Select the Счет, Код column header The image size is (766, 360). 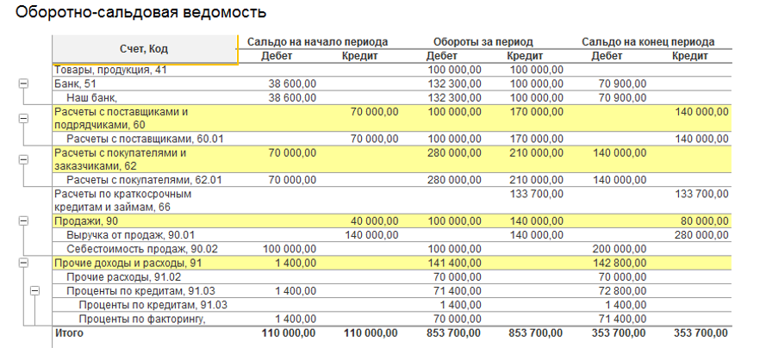point(145,49)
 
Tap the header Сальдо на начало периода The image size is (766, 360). point(317,41)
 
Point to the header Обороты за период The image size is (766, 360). point(483,41)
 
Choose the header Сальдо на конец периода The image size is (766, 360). point(648,41)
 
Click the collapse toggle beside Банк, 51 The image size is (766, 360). point(23,84)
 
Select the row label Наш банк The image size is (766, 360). point(91,97)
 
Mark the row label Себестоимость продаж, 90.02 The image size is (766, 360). point(142,249)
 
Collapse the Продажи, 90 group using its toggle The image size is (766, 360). point(23,221)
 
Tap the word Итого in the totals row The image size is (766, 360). point(70,332)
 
